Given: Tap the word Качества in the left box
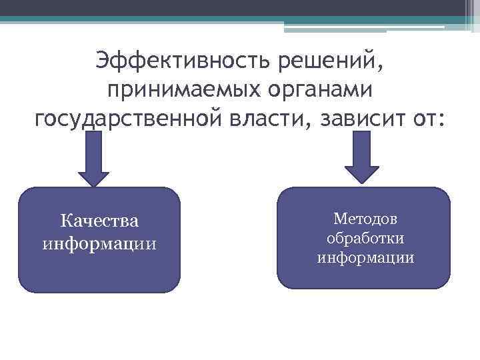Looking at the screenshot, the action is point(99,220).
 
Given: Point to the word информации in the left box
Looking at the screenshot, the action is point(99,242).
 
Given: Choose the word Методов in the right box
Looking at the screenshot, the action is point(365,219).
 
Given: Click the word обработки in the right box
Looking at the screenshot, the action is point(365,238).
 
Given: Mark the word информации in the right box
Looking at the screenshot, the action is point(365,257).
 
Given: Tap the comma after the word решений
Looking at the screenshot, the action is point(381,69).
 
